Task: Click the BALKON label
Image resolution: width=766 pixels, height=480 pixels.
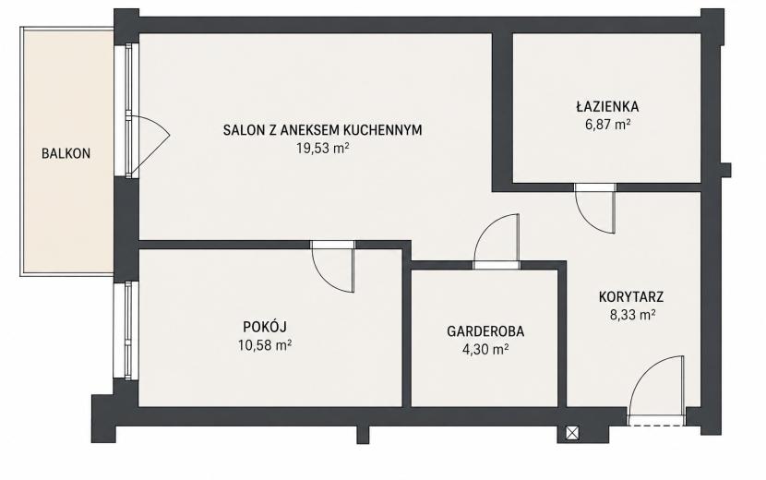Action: [66, 153]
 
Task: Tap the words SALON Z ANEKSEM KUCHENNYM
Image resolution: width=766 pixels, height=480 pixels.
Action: [322, 130]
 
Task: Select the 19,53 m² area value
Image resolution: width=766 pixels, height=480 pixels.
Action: [322, 148]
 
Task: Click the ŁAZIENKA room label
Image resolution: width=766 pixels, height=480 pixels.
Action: [607, 106]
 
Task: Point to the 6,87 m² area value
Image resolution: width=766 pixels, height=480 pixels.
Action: [607, 125]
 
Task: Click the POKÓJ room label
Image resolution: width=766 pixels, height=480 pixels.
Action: [265, 327]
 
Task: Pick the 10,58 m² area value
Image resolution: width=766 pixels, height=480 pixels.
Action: [265, 345]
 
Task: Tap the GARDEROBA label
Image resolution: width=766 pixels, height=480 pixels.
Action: [485, 331]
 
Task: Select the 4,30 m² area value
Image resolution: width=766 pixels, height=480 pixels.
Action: [485, 350]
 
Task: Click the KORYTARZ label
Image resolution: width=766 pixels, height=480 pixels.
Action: [631, 296]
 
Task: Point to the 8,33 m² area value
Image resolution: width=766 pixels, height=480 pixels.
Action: [632, 316]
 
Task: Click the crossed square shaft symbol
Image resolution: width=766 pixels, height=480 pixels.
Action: [572, 433]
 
